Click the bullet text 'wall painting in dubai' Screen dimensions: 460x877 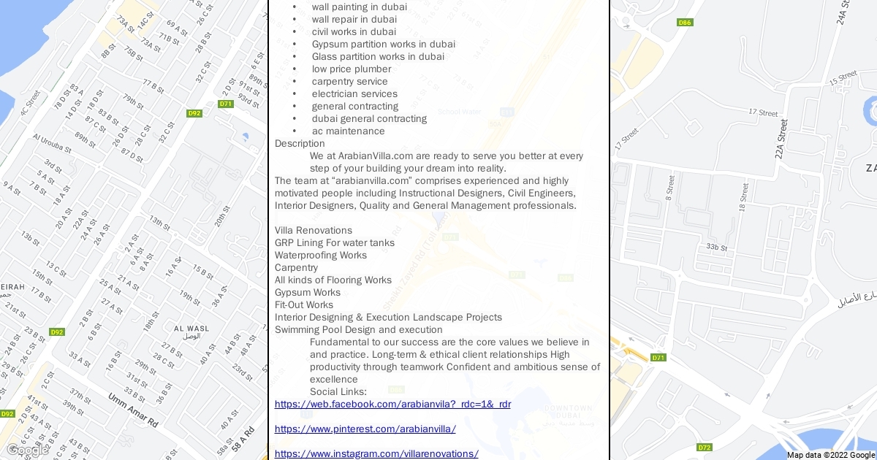coord(359,7)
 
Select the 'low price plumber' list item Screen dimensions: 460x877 coord(351,69)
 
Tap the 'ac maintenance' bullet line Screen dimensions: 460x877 coord(348,131)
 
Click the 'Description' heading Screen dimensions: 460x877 coord(300,144)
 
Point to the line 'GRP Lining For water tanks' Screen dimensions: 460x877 coord(334,243)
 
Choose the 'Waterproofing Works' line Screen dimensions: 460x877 coord(320,256)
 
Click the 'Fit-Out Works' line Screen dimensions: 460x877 coord(303,305)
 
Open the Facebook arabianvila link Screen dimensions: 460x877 coord(392,405)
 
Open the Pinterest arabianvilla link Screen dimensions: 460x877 coord(365,429)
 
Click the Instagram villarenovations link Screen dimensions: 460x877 coord(376,454)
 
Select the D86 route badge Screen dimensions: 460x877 coord(685,23)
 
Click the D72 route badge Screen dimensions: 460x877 coord(705,448)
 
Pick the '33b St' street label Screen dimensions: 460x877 coord(716,248)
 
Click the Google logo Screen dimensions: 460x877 coord(26,450)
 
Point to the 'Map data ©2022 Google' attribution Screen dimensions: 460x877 coord(831,455)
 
